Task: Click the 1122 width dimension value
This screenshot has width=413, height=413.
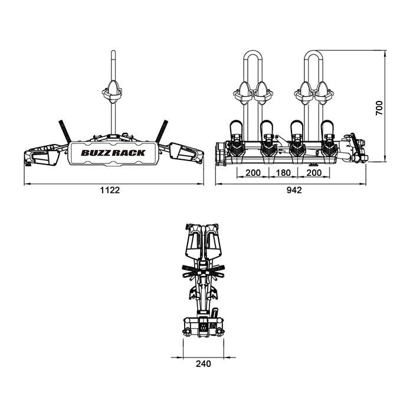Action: pyautogui.click(x=110, y=190)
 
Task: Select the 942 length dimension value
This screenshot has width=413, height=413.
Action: pyautogui.click(x=294, y=190)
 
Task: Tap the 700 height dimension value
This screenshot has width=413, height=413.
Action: pyautogui.click(x=379, y=108)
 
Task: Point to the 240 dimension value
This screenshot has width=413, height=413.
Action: pyautogui.click(x=204, y=364)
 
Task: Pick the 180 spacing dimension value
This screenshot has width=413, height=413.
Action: pyautogui.click(x=283, y=173)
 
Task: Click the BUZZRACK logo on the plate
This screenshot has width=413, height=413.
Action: pyautogui.click(x=113, y=153)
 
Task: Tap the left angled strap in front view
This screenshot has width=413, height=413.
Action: pyautogui.click(x=64, y=131)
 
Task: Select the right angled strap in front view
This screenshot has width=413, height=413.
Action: pyautogui.click(x=162, y=131)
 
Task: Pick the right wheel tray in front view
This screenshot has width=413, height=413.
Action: pyautogui.click(x=186, y=154)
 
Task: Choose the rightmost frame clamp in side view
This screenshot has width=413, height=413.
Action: pyautogui.click(x=324, y=93)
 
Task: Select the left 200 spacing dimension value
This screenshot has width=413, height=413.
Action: pyautogui.click(x=253, y=173)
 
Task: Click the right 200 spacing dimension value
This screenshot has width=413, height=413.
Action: pyautogui.click(x=314, y=173)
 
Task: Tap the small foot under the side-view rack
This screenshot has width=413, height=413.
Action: pyautogui.click(x=313, y=165)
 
